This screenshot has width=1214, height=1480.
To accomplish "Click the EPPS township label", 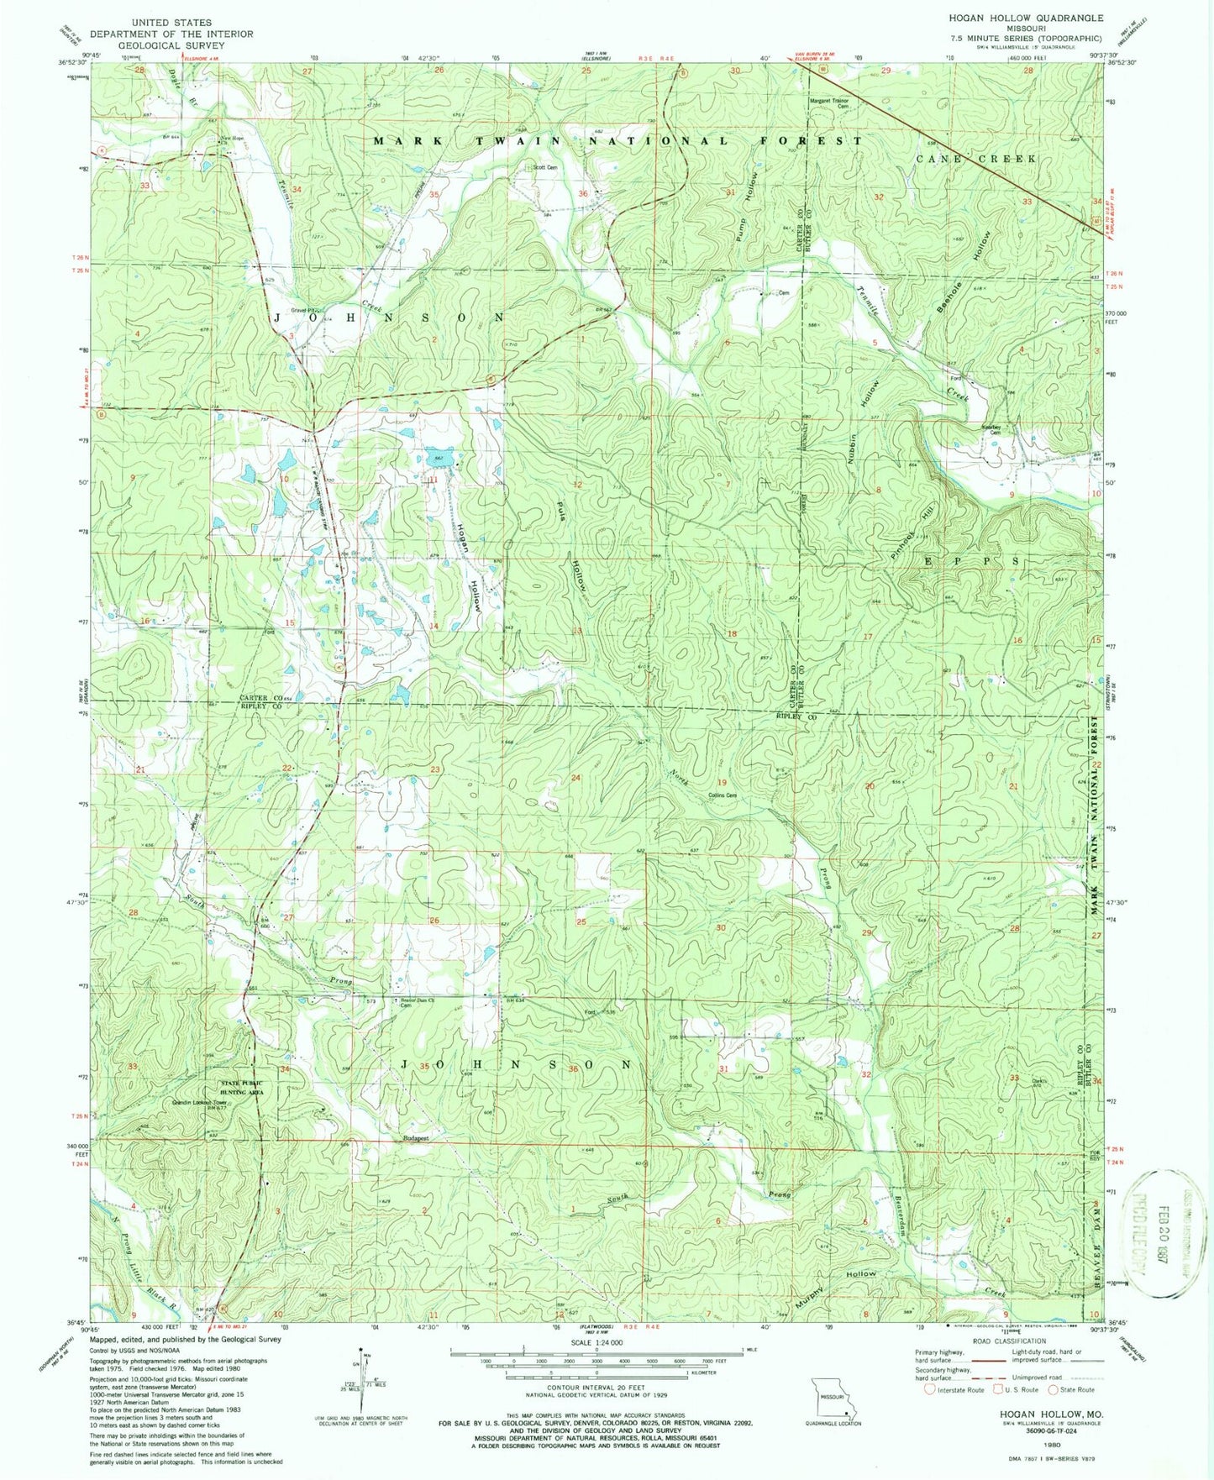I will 972,560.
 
